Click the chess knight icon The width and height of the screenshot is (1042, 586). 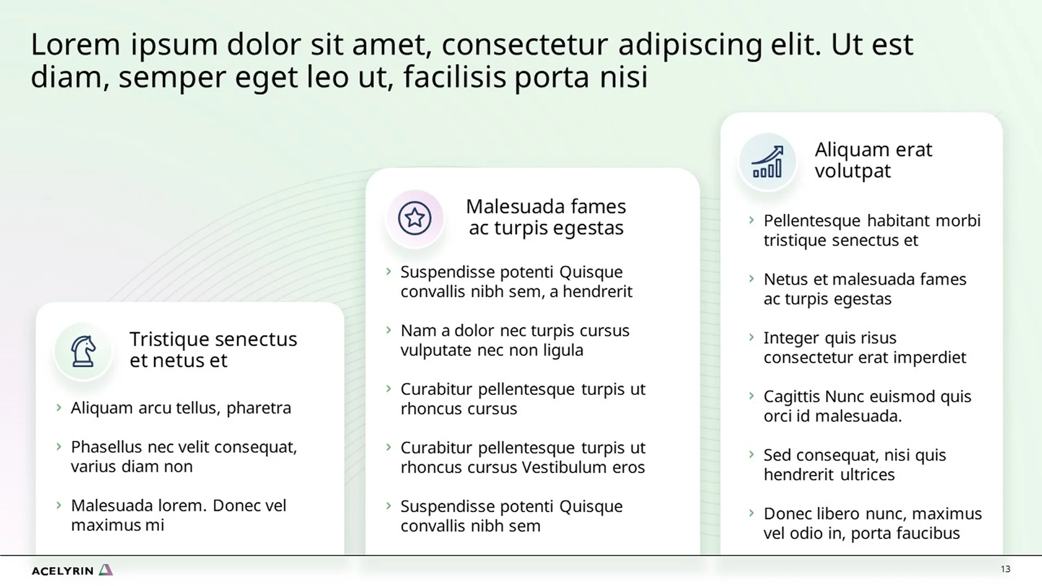pyautogui.click(x=83, y=351)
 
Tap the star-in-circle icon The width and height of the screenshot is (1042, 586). pyautogui.click(x=415, y=218)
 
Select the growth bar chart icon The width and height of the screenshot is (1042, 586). pyautogui.click(x=767, y=162)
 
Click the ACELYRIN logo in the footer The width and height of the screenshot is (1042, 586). pyautogui.click(x=72, y=570)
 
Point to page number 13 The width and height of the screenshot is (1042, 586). pyautogui.click(x=1005, y=569)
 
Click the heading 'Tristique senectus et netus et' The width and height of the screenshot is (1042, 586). pyautogui.click(x=213, y=349)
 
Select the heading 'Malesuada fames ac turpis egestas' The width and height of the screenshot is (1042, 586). pyautogui.click(x=545, y=217)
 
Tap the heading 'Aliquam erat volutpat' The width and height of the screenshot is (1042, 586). pyautogui.click(x=873, y=160)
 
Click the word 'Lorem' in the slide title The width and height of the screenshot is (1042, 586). pyautogui.click(x=75, y=44)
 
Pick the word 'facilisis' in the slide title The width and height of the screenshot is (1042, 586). pyautogui.click(x=454, y=77)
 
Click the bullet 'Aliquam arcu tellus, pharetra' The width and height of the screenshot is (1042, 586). pyautogui.click(x=181, y=408)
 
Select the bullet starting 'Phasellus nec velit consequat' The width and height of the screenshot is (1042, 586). pyautogui.click(x=183, y=456)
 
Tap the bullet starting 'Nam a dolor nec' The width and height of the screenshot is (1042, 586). pyautogui.click(x=514, y=340)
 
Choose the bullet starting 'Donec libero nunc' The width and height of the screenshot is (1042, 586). pyautogui.click(x=872, y=523)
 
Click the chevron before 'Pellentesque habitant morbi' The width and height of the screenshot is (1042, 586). pyautogui.click(x=751, y=220)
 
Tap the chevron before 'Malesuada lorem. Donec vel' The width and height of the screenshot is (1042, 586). pyautogui.click(x=59, y=505)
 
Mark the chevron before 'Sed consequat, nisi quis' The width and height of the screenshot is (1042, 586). pyautogui.click(x=751, y=455)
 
